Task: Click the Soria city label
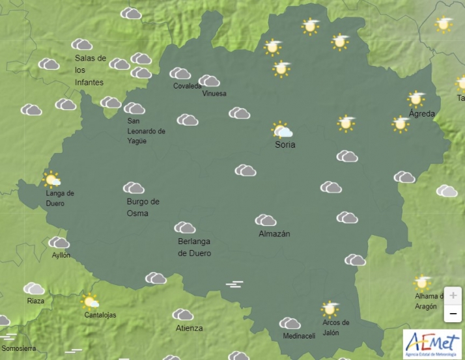[x=285, y=145]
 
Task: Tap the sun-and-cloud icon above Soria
[x=281, y=130]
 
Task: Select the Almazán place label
[x=274, y=234]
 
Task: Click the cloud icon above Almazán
[x=265, y=220]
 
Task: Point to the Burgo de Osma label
[x=143, y=207]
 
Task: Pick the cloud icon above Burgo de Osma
[x=134, y=188]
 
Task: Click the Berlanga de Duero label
[x=194, y=247]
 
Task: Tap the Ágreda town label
[x=421, y=113]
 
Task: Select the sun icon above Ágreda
[x=416, y=98]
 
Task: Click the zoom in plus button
[x=453, y=295]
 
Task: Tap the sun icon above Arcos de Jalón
[x=330, y=309]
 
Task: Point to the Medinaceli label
[x=299, y=336]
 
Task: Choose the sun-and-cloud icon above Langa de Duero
[x=51, y=179]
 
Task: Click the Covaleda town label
[x=187, y=86]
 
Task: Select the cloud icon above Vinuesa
[x=209, y=81]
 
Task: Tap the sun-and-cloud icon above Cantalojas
[x=90, y=301]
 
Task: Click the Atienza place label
[x=189, y=328]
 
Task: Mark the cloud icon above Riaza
[x=34, y=288]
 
